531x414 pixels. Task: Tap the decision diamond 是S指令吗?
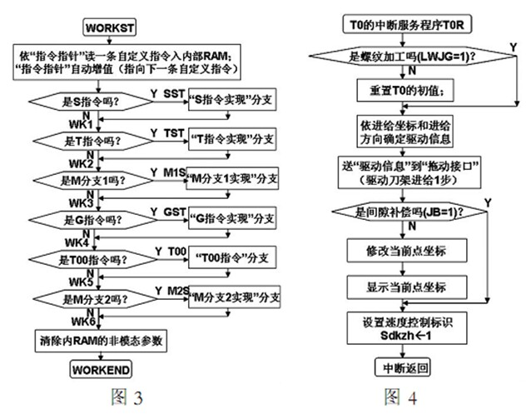click(x=81, y=102)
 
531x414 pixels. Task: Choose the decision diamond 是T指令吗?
click(x=81, y=142)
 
